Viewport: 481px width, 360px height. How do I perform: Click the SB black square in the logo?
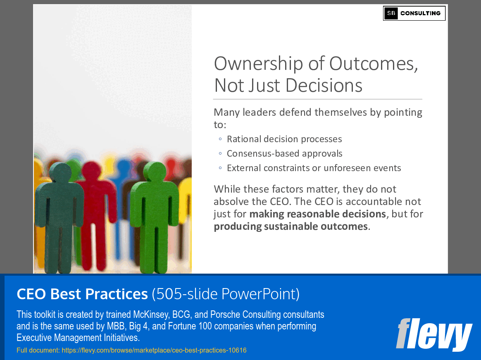coord(391,13)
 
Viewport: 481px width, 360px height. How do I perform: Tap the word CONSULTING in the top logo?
coord(420,13)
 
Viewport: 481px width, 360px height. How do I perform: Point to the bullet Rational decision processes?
coord(284,139)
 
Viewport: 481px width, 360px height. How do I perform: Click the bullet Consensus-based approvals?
coord(284,154)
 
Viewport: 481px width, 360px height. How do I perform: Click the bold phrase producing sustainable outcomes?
coord(291,226)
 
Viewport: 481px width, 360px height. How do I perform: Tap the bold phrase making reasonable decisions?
coord(318,214)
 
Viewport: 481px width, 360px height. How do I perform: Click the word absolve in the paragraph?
coord(229,202)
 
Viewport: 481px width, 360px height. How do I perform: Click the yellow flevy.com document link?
coord(131,350)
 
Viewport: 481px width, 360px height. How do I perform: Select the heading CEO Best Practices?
coord(82,294)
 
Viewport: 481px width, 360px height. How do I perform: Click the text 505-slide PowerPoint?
coord(226,294)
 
